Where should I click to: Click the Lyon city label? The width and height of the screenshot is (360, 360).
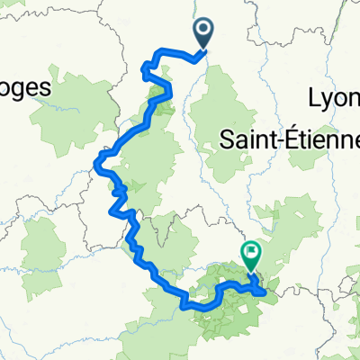point(334,98)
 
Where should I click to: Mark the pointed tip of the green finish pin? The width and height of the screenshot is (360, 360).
point(250,273)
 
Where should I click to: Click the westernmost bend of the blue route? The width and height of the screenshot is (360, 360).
point(96,163)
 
